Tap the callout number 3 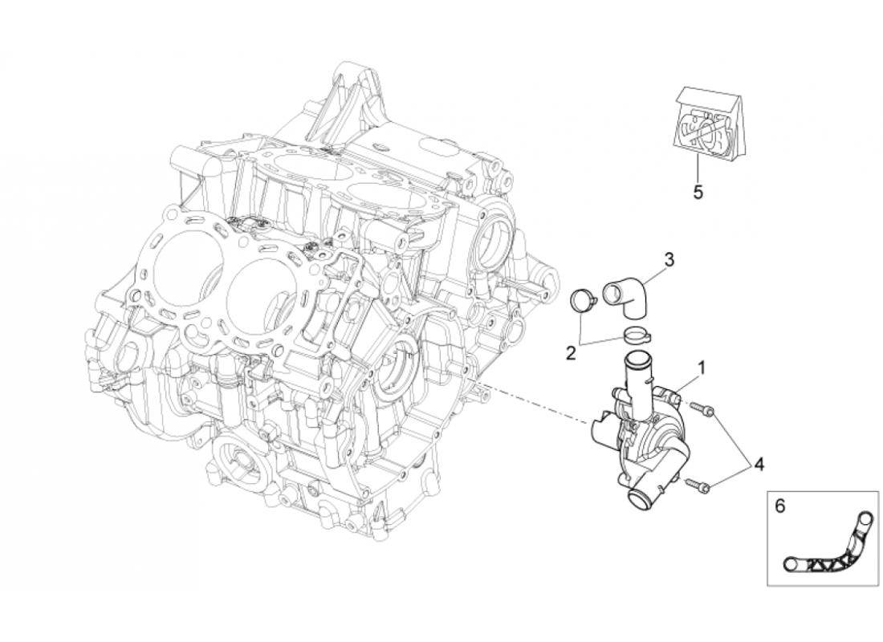[668, 259]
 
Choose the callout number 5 [698, 193]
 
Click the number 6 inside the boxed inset [778, 506]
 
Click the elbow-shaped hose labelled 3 [629, 296]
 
